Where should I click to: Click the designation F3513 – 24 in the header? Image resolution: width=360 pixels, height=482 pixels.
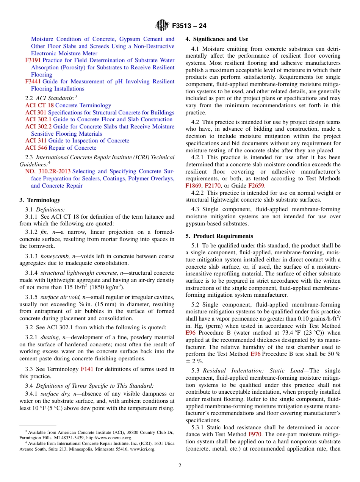pos(189,26)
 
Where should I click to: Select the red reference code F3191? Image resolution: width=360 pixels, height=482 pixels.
pos(33,60)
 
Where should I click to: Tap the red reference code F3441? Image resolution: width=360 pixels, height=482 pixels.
pos(33,81)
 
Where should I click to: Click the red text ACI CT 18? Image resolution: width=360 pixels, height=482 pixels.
pos(39,105)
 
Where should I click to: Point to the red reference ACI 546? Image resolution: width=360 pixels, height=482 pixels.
pos(36,148)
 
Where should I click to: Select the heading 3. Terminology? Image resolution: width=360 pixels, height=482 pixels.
pos(40,200)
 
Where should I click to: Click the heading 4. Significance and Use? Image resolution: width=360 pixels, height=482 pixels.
pos(217,39)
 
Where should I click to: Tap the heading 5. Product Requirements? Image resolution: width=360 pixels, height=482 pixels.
pos(219,236)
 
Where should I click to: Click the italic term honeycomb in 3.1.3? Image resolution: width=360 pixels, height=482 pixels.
pos(53,256)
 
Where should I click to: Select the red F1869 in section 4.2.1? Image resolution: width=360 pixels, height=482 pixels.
pos(193,186)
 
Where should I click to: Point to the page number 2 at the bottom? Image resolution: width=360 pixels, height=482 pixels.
pos(180,466)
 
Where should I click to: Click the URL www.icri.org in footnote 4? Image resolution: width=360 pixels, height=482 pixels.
pos(142,449)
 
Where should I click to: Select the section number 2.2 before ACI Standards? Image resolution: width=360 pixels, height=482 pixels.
pos(29,98)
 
